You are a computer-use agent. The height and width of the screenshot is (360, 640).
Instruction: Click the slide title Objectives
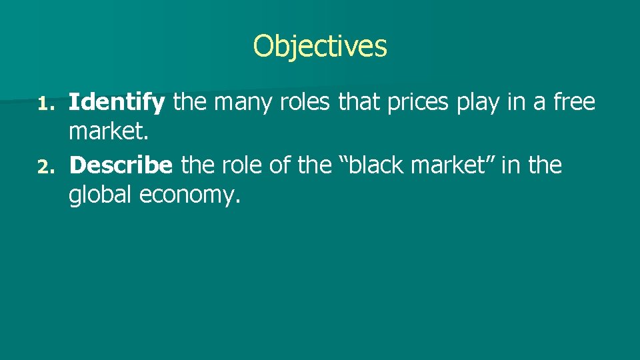point(320,46)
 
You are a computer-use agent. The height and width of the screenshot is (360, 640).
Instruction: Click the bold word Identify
point(117,103)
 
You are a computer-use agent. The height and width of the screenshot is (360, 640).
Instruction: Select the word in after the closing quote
point(511,165)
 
